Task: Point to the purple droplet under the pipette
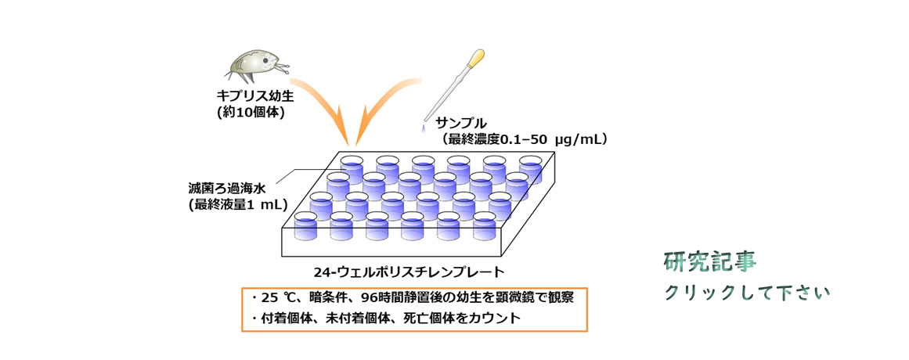tap(423, 127)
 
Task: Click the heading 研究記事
tap(710, 263)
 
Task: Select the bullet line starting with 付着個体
tap(385, 319)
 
